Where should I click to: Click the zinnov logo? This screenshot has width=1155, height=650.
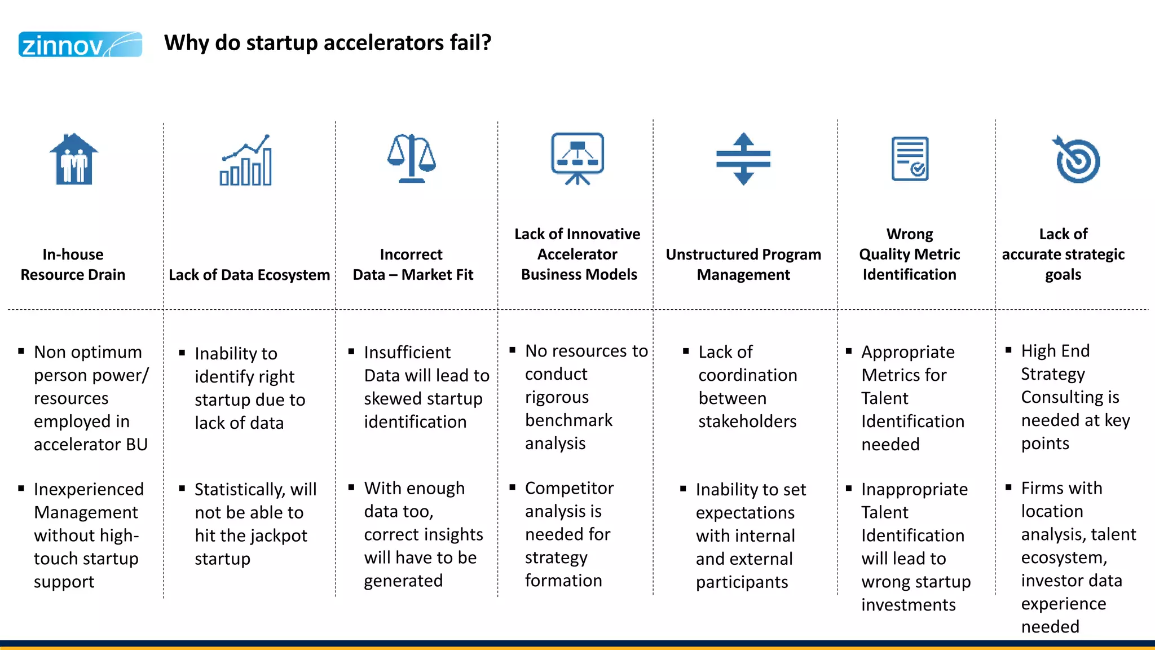click(x=80, y=45)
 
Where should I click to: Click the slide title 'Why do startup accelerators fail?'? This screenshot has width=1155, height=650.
click(x=328, y=43)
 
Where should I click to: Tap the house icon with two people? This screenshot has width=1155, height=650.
click(x=74, y=159)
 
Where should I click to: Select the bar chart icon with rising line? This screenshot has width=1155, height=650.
click(x=246, y=160)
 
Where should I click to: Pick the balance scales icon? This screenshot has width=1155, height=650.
click(x=412, y=159)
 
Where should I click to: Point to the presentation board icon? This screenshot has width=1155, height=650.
click(x=577, y=159)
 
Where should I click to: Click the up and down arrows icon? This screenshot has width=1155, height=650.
click(x=743, y=159)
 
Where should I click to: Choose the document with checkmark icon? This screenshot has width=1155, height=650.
click(x=910, y=159)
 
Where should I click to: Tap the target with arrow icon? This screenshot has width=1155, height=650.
click(x=1076, y=160)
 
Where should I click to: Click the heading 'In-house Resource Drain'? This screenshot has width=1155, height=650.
click(x=73, y=264)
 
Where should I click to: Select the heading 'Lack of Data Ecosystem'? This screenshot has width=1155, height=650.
click(x=249, y=275)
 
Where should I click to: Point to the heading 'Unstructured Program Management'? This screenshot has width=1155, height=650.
click(x=743, y=264)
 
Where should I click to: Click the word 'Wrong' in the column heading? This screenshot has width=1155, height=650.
click(x=910, y=234)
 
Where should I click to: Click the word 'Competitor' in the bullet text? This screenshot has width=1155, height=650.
click(x=569, y=488)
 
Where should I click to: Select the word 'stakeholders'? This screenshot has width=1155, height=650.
click(x=747, y=421)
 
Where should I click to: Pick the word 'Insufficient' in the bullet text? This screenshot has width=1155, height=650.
click(x=407, y=353)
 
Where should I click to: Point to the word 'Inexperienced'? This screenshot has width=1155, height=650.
click(x=89, y=489)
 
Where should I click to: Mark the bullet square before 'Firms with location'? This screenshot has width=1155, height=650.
click(x=1008, y=487)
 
